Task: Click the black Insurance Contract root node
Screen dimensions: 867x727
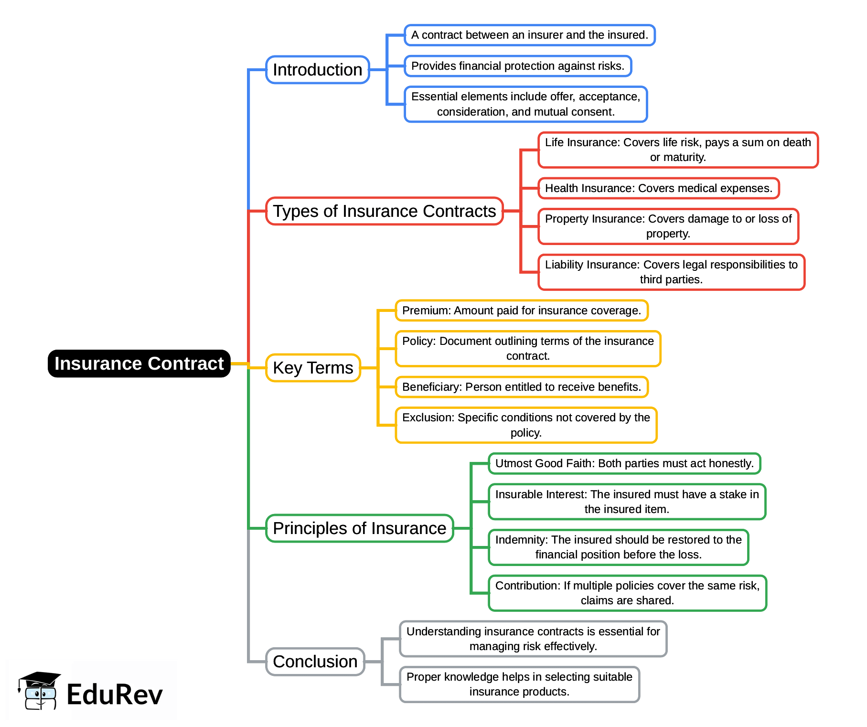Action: click(x=139, y=363)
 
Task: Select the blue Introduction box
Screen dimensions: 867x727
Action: click(x=318, y=70)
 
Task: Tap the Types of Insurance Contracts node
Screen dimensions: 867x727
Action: click(x=385, y=211)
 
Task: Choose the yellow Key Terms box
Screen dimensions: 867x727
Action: click(x=313, y=368)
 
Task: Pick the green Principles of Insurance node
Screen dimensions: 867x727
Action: click(x=360, y=528)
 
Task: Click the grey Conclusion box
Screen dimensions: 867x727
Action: click(x=315, y=662)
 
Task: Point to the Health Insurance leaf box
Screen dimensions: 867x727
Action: click(x=659, y=188)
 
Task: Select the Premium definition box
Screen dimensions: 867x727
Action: click(x=522, y=310)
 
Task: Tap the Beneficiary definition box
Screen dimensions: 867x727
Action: click(x=522, y=387)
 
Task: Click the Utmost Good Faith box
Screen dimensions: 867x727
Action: click(x=624, y=463)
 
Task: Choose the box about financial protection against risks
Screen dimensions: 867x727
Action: click(x=518, y=66)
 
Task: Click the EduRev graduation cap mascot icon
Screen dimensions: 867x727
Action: click(x=39, y=691)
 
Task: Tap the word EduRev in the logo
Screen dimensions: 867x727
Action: click(x=115, y=695)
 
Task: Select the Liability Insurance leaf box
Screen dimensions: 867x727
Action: click(x=672, y=272)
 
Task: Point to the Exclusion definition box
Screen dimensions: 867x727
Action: click(x=526, y=425)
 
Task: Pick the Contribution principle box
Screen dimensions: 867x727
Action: click(x=627, y=593)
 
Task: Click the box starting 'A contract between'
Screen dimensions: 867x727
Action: click(x=530, y=35)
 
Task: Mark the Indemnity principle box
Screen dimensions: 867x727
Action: click(x=619, y=547)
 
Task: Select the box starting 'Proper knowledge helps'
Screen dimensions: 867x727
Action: click(x=519, y=684)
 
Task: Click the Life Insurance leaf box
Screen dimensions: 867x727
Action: click(x=678, y=150)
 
